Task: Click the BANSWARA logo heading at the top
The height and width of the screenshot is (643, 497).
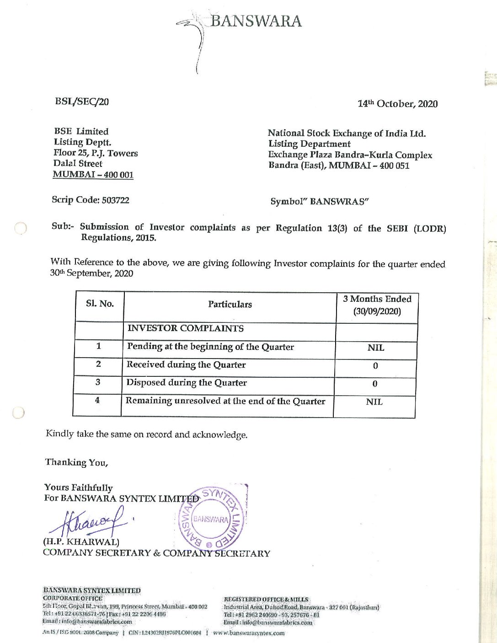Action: click(255, 21)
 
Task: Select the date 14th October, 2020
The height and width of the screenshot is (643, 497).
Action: click(397, 104)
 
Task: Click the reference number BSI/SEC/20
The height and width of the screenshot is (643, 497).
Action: click(82, 102)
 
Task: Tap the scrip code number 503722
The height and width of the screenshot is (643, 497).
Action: click(116, 200)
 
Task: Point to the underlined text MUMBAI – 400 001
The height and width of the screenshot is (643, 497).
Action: click(93, 174)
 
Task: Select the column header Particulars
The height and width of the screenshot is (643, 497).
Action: click(230, 305)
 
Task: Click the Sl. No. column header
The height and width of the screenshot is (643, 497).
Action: click(100, 304)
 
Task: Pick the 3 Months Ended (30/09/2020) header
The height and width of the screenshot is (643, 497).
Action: click(377, 305)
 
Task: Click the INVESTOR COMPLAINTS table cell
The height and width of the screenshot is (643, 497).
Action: click(185, 328)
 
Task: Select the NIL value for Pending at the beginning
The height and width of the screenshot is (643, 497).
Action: click(376, 348)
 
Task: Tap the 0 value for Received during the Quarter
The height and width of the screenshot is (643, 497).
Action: click(375, 366)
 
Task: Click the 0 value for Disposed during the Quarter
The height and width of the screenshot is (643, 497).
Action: click(375, 384)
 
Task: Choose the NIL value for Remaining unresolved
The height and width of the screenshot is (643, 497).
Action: click(374, 402)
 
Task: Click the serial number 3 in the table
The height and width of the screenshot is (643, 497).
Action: click(98, 382)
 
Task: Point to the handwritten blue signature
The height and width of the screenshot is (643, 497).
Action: click(87, 523)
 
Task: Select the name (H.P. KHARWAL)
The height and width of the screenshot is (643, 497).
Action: click(81, 542)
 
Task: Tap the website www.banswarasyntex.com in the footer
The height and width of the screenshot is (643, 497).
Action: click(249, 633)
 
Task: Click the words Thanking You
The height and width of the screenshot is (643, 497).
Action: click(76, 462)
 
